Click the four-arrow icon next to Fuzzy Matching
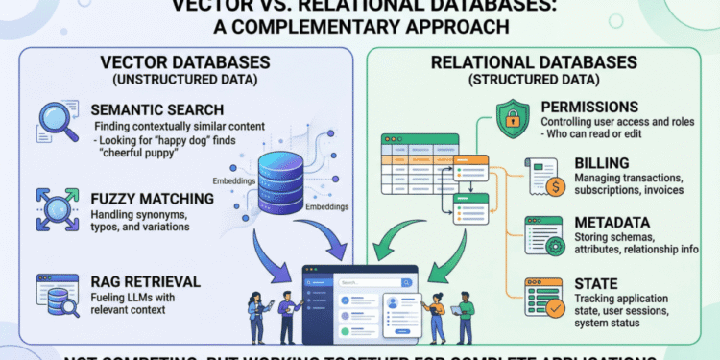pos(56,208)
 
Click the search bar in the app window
pos(371,282)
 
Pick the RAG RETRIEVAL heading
pos(145,281)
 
